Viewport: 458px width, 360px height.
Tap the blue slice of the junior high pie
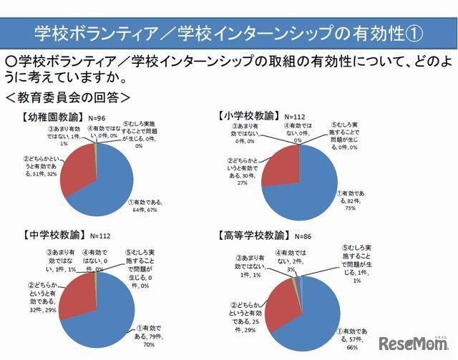tap(107, 304)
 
